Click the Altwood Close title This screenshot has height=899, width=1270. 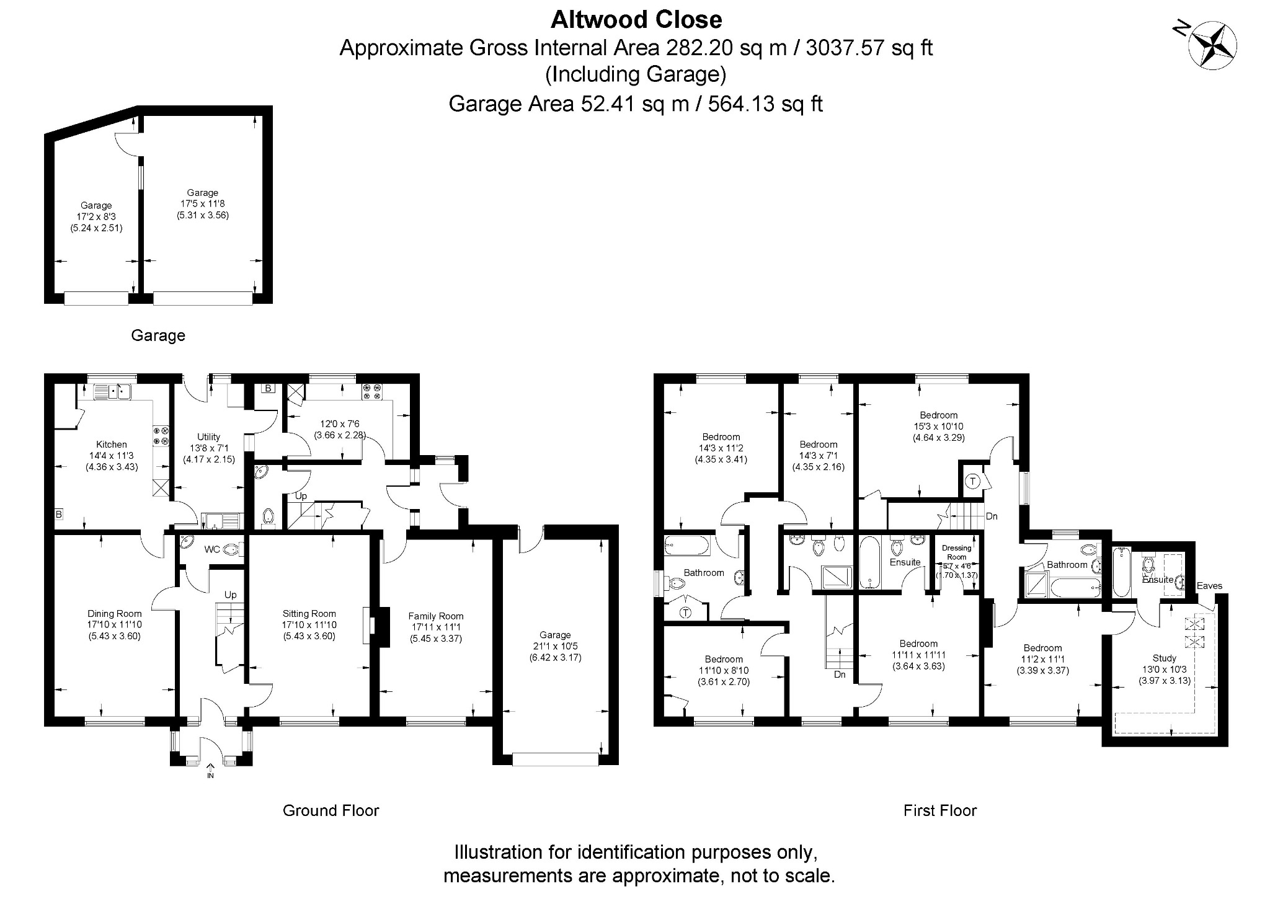636,20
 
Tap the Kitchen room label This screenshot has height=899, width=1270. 112,444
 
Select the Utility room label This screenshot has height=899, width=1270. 208,436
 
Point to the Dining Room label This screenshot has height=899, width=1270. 114,614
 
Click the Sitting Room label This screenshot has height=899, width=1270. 309,614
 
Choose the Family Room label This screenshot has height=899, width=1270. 435,616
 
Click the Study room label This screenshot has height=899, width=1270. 1164,658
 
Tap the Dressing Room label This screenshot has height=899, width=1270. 956,552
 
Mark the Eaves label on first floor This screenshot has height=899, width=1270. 1209,585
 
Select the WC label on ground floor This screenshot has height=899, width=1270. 212,549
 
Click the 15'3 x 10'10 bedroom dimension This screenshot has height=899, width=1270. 938,427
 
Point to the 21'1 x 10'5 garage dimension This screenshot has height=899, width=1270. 554,646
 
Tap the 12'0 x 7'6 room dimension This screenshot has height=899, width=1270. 339,424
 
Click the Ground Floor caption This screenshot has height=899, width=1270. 331,810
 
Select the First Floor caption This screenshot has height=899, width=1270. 939,810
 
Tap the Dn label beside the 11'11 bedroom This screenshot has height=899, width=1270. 840,675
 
